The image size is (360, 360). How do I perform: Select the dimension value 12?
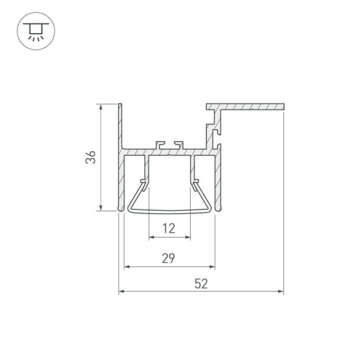pos(169,228)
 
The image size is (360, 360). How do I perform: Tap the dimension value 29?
pos(169,258)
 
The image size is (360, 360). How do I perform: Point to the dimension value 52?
pos(201,284)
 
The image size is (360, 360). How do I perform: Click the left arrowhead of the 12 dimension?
pos(151,238)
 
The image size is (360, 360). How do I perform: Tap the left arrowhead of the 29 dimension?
pos(126,267)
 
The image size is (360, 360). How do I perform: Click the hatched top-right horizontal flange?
pos(252,107)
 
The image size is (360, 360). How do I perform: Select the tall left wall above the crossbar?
pos(121,126)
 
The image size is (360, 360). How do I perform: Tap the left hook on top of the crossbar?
pos(160,145)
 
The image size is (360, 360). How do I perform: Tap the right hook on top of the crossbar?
pos(178,145)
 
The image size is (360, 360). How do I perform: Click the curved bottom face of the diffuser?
pos(169,211)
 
